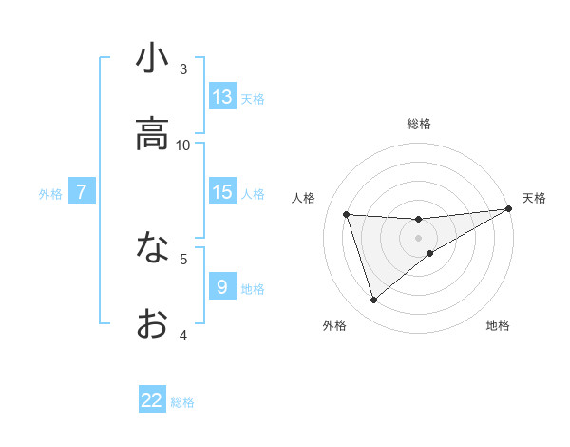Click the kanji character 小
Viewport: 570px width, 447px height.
click(152, 59)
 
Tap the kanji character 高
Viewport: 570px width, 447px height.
click(152, 136)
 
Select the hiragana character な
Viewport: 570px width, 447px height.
click(152, 249)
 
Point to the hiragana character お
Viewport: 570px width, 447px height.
click(152, 324)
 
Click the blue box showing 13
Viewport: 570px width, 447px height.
click(222, 97)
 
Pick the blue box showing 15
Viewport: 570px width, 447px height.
click(222, 192)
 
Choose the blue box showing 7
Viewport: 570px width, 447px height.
click(82, 192)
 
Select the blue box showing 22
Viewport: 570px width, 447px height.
click(152, 400)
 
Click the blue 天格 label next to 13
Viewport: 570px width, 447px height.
click(253, 98)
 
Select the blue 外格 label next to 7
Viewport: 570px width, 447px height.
click(50, 193)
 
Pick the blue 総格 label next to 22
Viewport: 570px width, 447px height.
click(182, 401)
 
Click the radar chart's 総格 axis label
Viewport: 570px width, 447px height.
click(419, 124)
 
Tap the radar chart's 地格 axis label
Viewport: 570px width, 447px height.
click(498, 325)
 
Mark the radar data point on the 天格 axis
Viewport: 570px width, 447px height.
click(509, 209)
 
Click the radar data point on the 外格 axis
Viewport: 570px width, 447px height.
click(373, 301)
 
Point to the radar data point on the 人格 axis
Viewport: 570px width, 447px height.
click(347, 215)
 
